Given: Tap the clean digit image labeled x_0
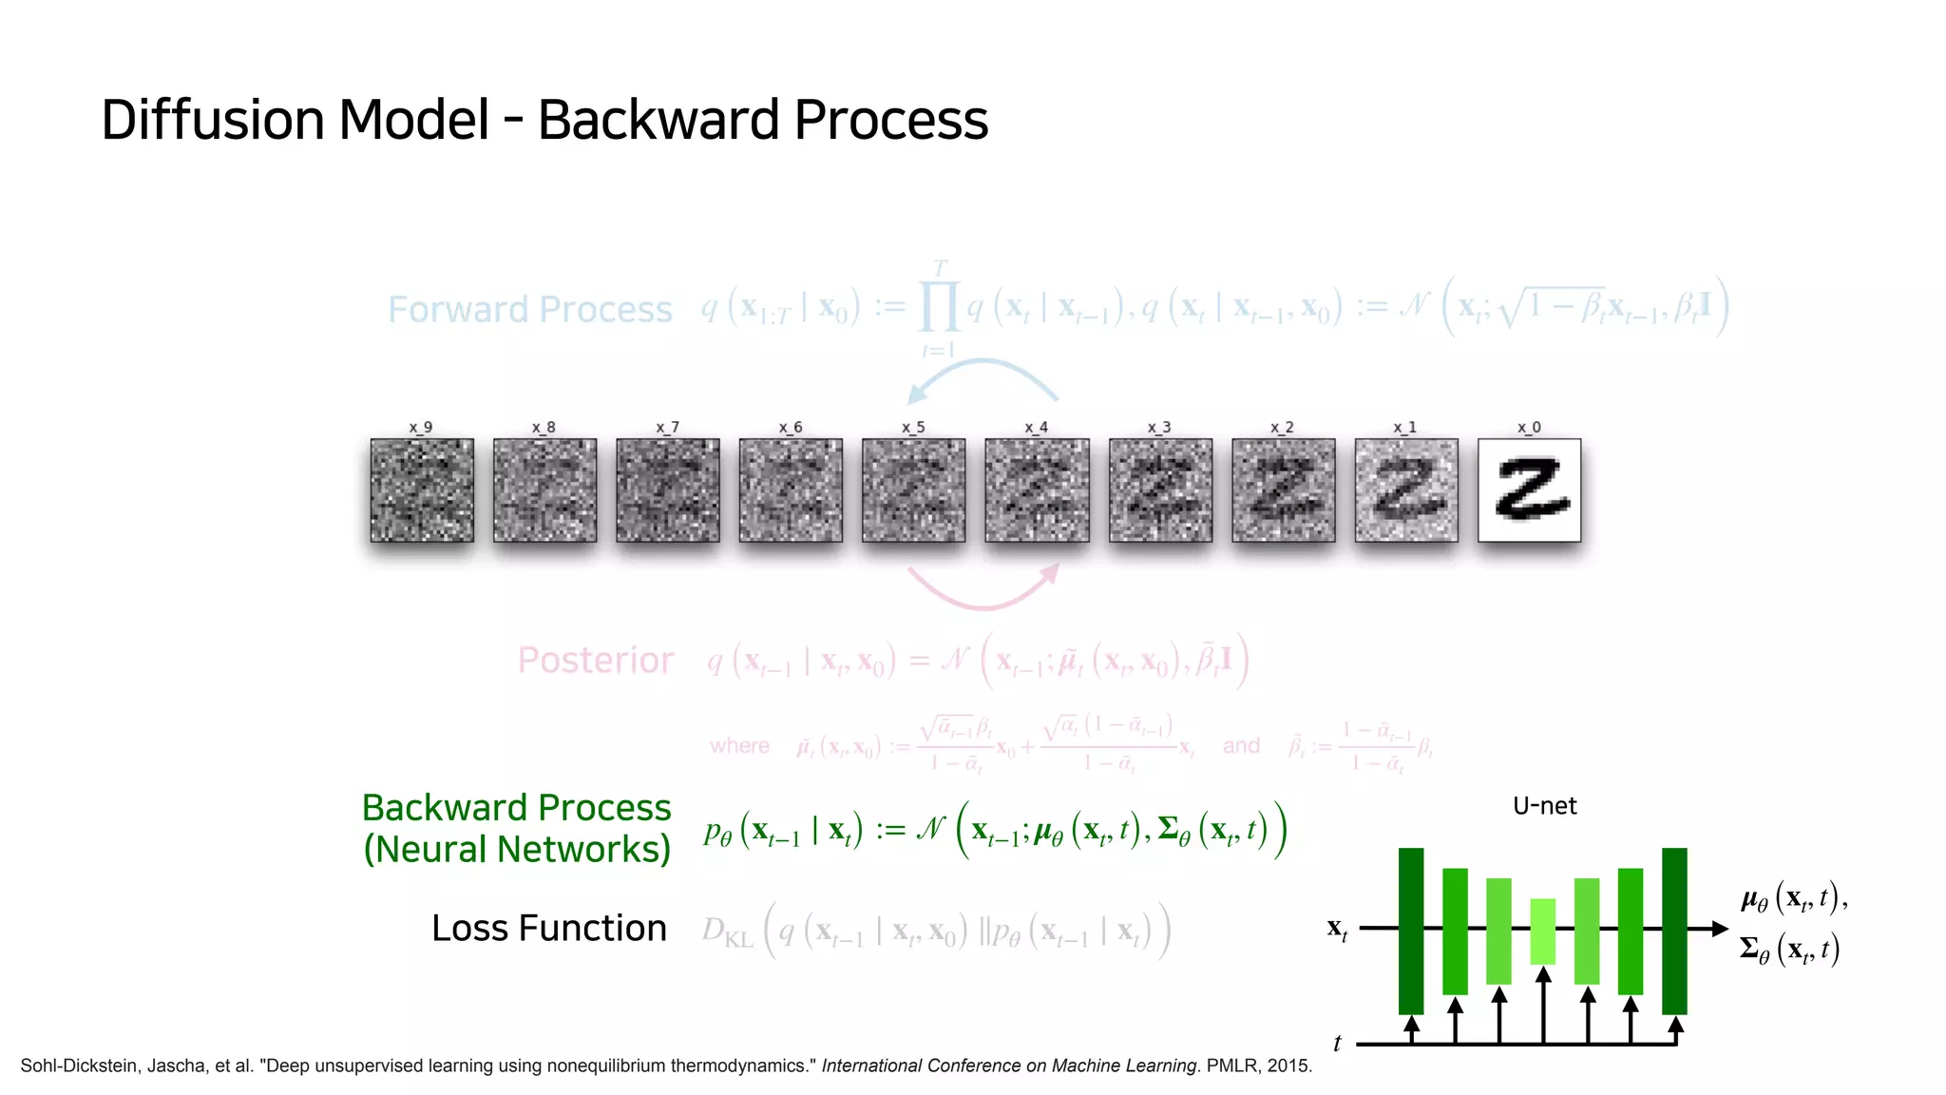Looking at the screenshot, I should pyautogui.click(x=1529, y=490).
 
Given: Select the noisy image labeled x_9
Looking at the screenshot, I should pyautogui.click(x=422, y=490).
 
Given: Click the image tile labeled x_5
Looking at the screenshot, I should pyautogui.click(x=913, y=490).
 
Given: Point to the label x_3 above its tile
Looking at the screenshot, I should pyautogui.click(x=1159, y=428).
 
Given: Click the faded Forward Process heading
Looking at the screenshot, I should pyautogui.click(x=529, y=310).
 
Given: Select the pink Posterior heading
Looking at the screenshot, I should pyautogui.click(x=596, y=661).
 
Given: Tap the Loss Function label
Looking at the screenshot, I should pyautogui.click(x=549, y=929).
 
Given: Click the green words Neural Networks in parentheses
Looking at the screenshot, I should pyautogui.click(x=517, y=850).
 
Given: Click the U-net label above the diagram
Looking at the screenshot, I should pyautogui.click(x=1544, y=806).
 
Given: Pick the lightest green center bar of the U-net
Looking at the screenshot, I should pyautogui.click(x=1543, y=932).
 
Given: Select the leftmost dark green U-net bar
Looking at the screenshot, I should pyautogui.click(x=1411, y=932).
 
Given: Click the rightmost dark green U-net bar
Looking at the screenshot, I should pyautogui.click(x=1674, y=932).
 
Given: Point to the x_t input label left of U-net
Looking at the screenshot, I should pyautogui.click(x=1337, y=929).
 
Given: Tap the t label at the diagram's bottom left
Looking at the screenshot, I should pyautogui.click(x=1337, y=1044).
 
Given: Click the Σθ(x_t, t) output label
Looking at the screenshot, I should pyautogui.click(x=1789, y=950).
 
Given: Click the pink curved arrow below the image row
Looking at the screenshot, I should pyautogui.click(x=983, y=591).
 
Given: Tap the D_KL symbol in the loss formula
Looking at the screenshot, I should pyautogui.click(x=727, y=932).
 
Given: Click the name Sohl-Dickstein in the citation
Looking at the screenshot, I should pyautogui.click(x=76, y=1066).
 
